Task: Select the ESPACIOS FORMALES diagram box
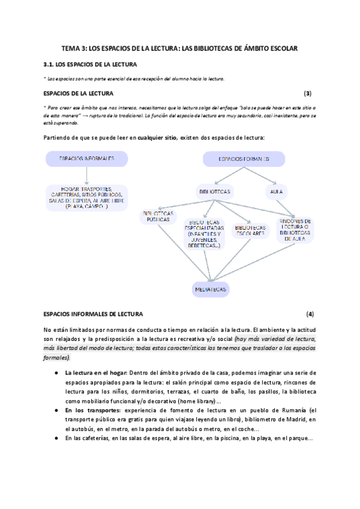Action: click(x=243, y=159)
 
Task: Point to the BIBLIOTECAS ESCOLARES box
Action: click(x=250, y=230)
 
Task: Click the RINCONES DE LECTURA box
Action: click(x=295, y=229)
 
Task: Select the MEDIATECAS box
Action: click(x=211, y=289)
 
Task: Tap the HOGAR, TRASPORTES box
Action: click(x=87, y=197)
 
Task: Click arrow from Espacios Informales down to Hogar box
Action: click(x=87, y=175)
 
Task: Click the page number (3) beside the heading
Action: click(x=308, y=93)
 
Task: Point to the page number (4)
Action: click(x=310, y=314)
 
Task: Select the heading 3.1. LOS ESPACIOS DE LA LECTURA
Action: click(x=91, y=64)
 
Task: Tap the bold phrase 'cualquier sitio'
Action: click(x=157, y=137)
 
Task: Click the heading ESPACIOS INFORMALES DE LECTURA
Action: click(x=94, y=314)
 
